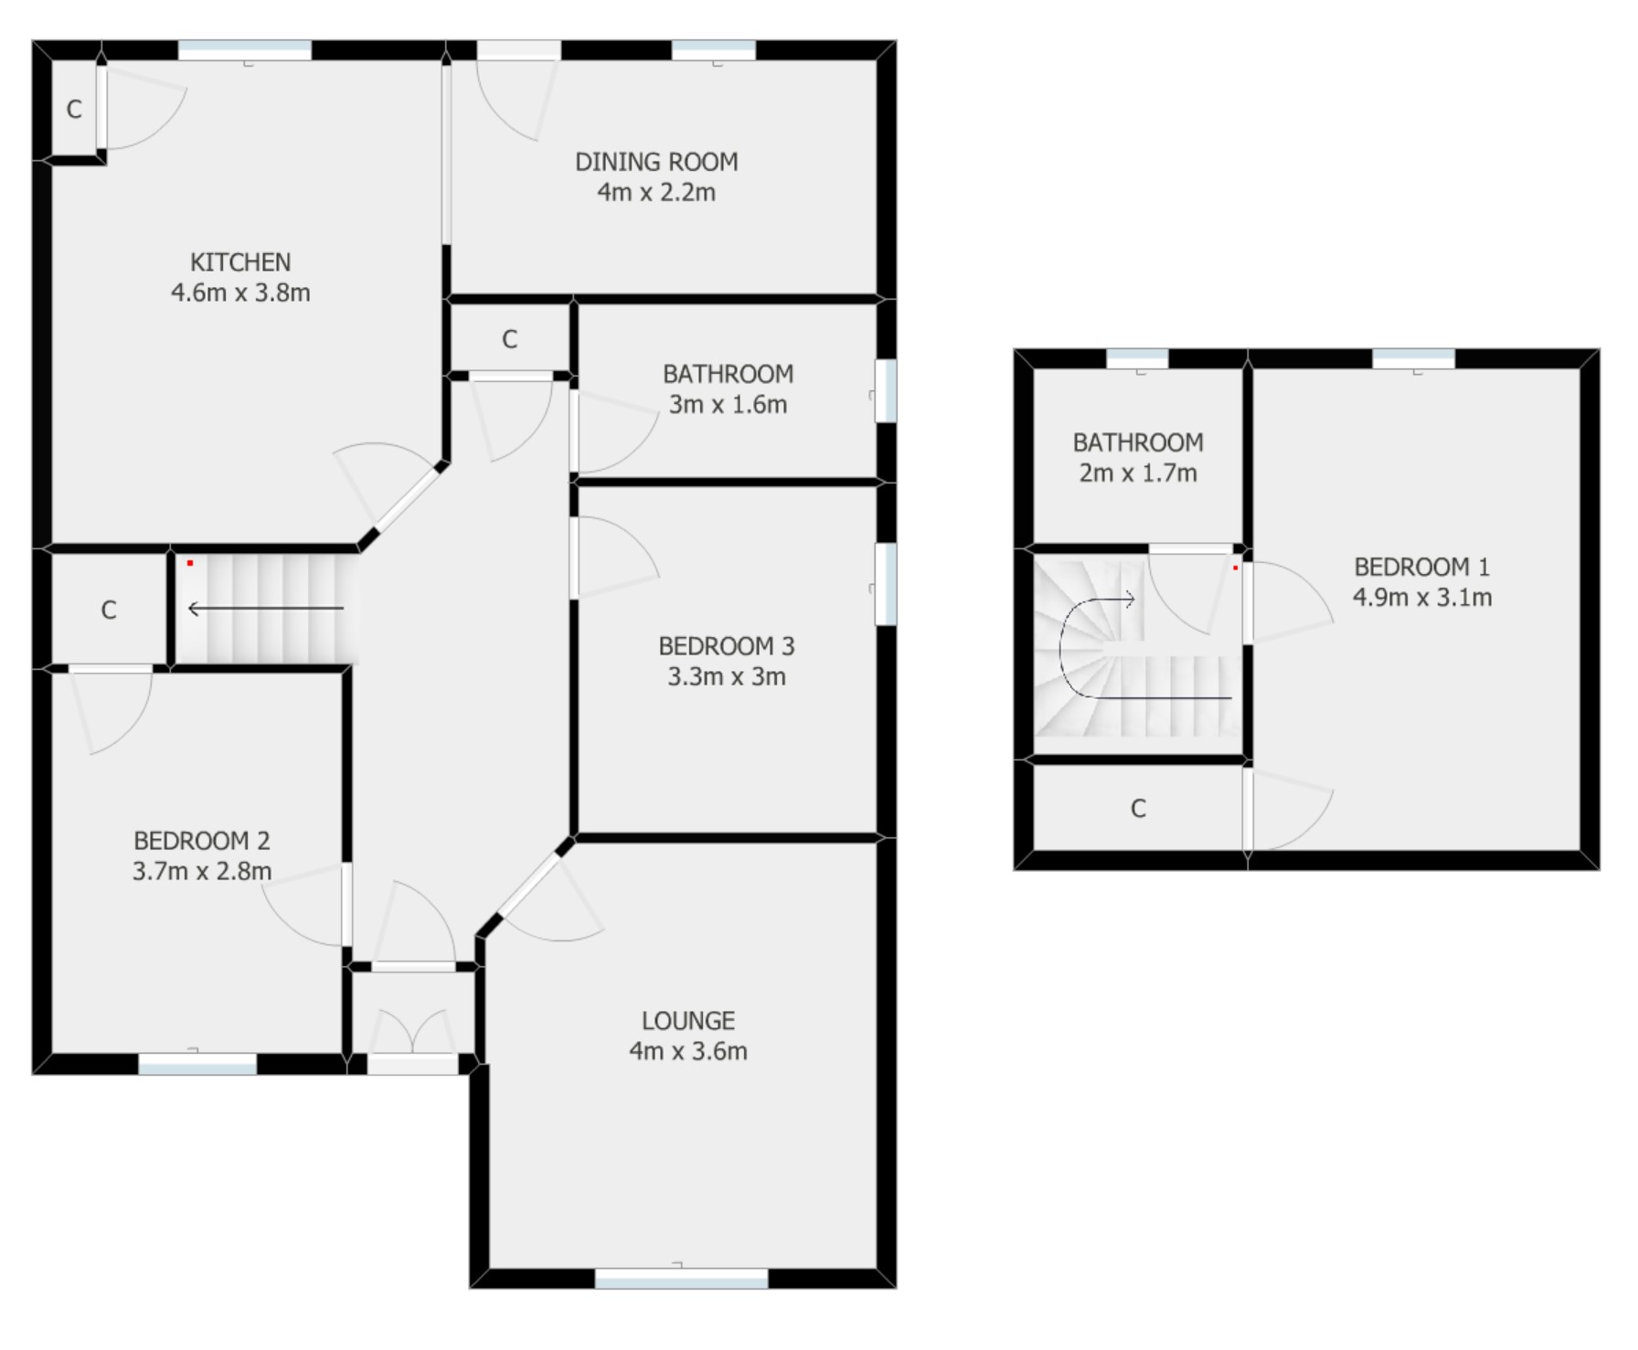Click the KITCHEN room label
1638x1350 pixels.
(240, 262)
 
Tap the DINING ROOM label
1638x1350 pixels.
(656, 162)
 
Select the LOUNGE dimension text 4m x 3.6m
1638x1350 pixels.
(687, 1051)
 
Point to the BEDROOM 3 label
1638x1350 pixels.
(727, 646)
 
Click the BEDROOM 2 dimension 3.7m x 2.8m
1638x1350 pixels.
(202, 871)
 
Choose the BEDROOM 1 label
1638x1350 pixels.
(1421, 567)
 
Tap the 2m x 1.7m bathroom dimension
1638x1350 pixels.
(1138, 473)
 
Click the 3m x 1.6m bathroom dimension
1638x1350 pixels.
(728, 404)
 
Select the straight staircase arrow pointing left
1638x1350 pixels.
(265, 608)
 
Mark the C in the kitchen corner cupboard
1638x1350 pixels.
(74, 110)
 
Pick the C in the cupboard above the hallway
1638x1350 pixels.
(509, 340)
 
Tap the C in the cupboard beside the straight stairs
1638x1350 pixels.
(109, 610)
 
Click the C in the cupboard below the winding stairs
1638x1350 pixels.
(1138, 808)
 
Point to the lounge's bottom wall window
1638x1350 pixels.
(681, 1278)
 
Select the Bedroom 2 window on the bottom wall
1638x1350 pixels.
(197, 1063)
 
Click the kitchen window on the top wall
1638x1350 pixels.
(245, 50)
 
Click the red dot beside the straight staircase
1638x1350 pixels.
(190, 563)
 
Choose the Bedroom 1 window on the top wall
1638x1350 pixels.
(1413, 358)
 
